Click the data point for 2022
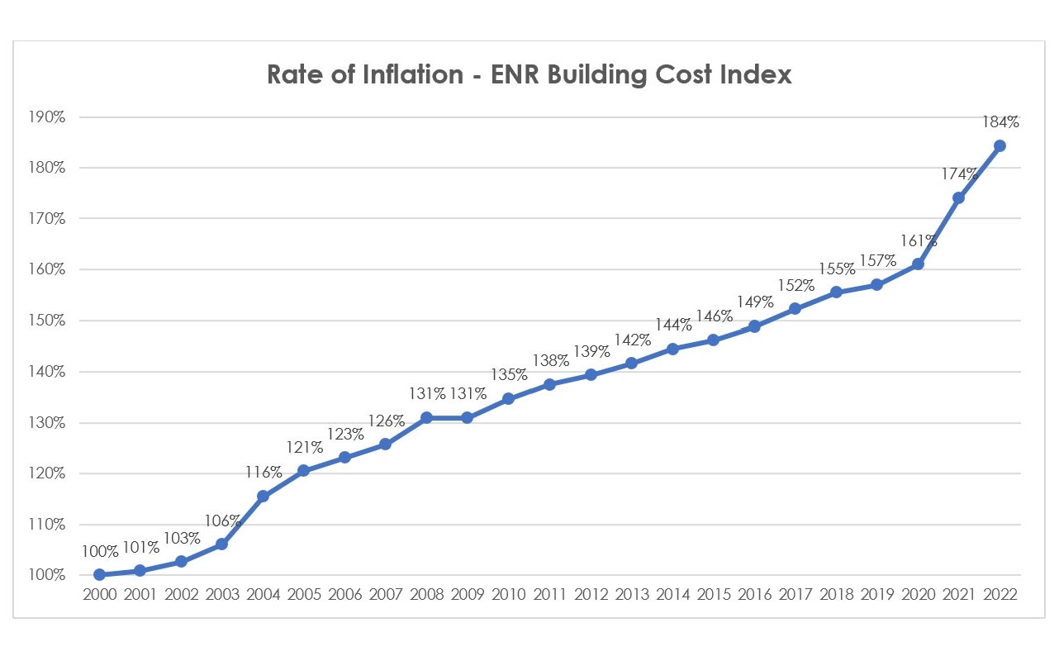click(1000, 145)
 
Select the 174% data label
click(958, 174)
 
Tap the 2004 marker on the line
click(263, 496)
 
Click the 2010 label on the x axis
click(508, 595)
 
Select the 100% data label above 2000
click(99, 551)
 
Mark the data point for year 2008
click(426, 417)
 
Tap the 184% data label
click(1000, 122)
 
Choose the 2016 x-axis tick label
click(753, 595)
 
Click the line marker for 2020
click(918, 264)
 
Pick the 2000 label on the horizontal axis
click(99, 595)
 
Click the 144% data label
click(672, 326)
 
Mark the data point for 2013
click(631, 363)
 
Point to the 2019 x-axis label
click(876, 595)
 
